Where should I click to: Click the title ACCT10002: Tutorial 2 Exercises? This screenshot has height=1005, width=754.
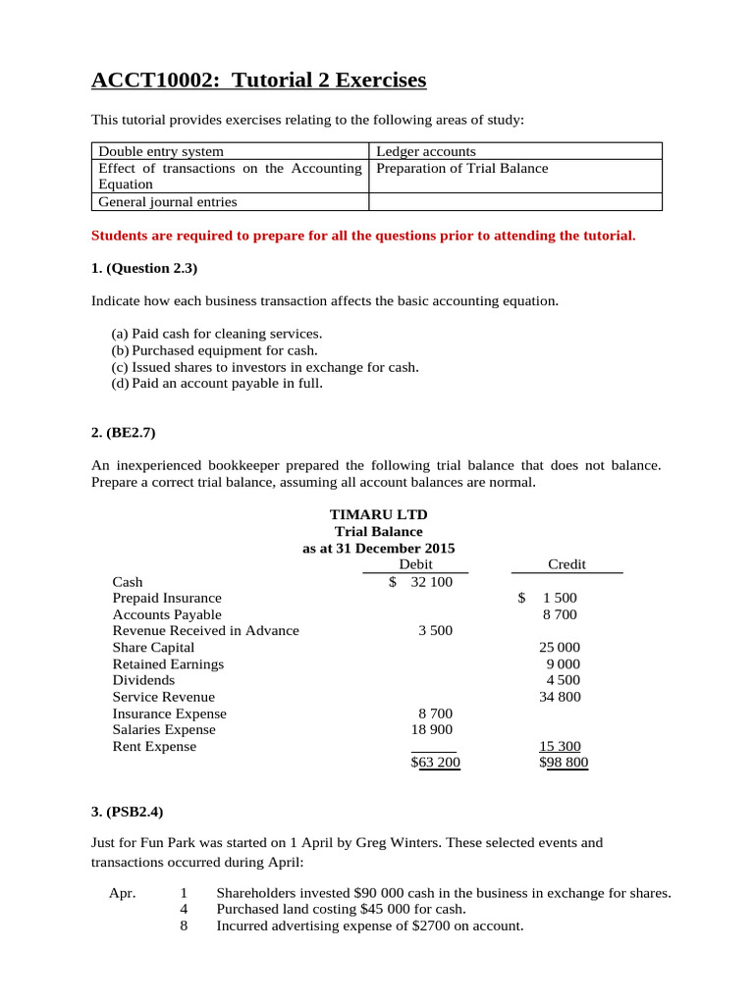point(258,80)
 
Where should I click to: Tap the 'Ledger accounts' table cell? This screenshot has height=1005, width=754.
point(426,151)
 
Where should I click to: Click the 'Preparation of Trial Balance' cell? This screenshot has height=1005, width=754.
point(462,168)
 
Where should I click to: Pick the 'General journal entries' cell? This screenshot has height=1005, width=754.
point(167,202)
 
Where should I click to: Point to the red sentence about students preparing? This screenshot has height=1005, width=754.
point(363,236)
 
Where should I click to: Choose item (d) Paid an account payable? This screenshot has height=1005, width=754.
point(217,383)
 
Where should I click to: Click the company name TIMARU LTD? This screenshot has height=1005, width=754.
point(378,515)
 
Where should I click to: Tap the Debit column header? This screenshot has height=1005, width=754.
point(416,564)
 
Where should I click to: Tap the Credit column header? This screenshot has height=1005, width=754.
point(566,564)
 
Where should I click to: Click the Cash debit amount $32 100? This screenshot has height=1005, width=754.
point(421,582)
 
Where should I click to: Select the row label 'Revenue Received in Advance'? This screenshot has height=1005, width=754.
point(206,631)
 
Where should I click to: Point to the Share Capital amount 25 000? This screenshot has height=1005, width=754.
point(560,648)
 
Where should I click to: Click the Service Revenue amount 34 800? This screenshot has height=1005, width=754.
point(560,697)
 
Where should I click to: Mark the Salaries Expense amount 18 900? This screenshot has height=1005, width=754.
point(431,730)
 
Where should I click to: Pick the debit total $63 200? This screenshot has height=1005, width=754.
point(435,762)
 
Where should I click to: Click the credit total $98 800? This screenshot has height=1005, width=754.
point(564,762)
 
